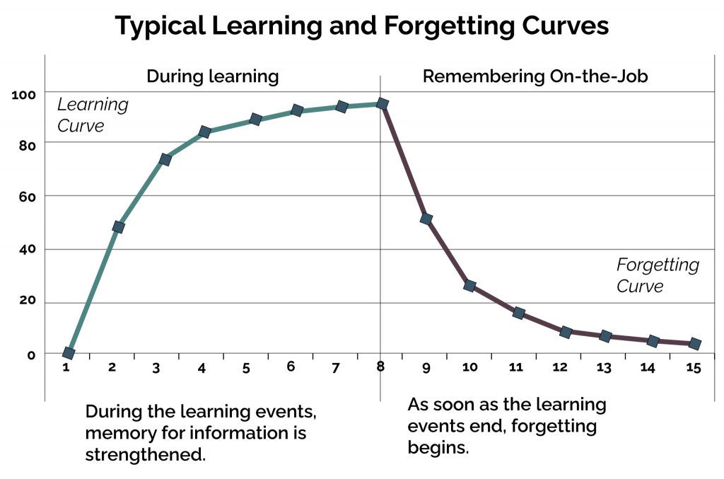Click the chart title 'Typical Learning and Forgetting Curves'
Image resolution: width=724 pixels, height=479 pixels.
coord(361,26)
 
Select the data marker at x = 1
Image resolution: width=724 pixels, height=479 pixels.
coord(69,353)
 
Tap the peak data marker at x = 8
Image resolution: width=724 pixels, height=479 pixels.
coord(383,104)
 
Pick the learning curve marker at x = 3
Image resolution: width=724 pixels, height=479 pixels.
coord(165,159)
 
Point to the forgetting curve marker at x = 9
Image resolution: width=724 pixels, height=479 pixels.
coord(426,219)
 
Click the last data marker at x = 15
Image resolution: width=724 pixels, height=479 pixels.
coord(695,344)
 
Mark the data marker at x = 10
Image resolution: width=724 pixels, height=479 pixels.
coord(469,286)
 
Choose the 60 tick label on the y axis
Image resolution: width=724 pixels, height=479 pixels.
coord(26,195)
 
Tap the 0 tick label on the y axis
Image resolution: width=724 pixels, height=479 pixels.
coord(31,354)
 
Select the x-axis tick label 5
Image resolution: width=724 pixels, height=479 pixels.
coord(246,368)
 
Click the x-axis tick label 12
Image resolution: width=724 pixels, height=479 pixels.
coord(559,368)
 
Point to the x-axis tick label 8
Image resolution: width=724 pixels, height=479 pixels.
coord(380,367)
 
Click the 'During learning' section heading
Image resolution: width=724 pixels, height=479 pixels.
coord(212,76)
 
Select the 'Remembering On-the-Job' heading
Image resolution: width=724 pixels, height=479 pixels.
coord(535,76)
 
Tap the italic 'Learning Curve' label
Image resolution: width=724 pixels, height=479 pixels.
coord(93,115)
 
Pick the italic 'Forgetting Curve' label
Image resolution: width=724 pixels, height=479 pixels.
coord(658,275)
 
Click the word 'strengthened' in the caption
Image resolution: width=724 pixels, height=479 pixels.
coord(145,454)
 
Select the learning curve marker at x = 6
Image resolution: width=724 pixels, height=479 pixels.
coord(297,110)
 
